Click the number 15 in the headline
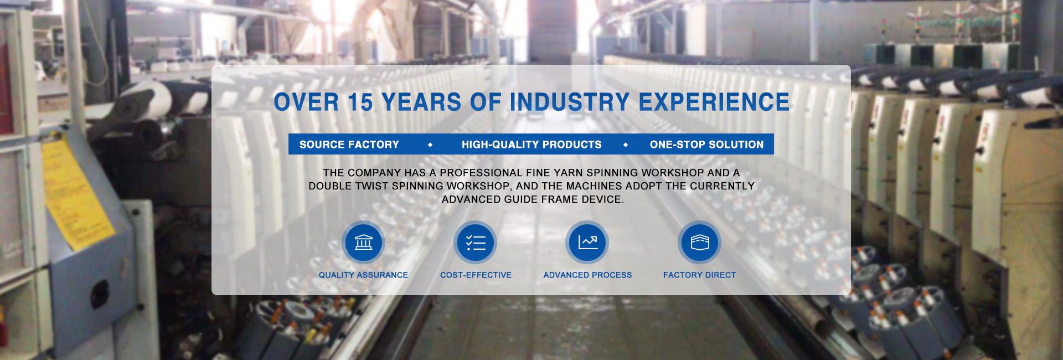tap(360, 102)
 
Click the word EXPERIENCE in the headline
tap(714, 102)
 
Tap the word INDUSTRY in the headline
tap(570, 102)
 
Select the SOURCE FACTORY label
tap(349, 145)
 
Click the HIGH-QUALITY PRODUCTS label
tap(531, 145)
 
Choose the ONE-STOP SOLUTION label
tap(706, 145)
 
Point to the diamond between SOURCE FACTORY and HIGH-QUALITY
tap(430, 145)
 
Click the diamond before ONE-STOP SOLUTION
tap(626, 145)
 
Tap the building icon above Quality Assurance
tap(363, 242)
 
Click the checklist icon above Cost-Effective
tap(476, 243)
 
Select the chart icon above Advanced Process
tap(587, 242)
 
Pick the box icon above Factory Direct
tap(700, 242)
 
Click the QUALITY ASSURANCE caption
tap(363, 275)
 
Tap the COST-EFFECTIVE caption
tap(476, 275)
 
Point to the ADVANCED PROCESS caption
tap(587, 275)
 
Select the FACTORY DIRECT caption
tap(700, 275)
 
